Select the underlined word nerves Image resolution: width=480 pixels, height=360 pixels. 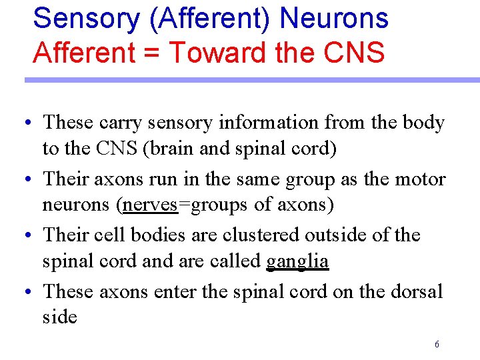coord(151,205)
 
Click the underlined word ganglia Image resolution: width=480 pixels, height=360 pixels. coord(297,261)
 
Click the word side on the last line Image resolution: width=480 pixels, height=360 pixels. coord(60,317)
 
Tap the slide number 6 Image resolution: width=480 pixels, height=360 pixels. coord(436,345)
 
